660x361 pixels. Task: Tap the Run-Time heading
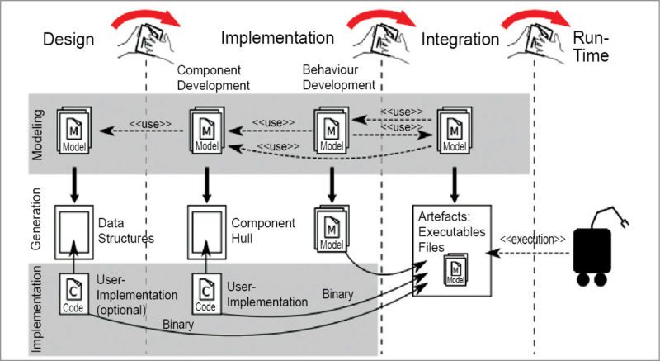(x=592, y=47)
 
